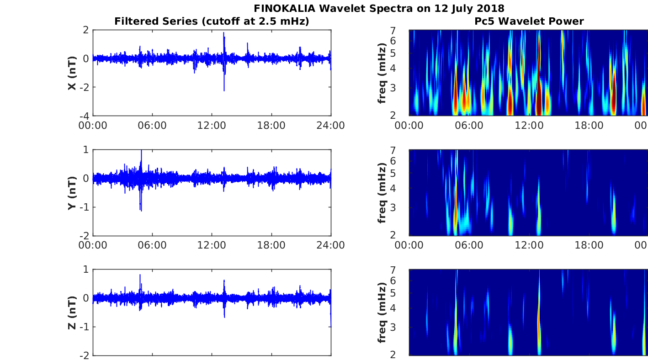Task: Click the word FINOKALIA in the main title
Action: tap(284, 9)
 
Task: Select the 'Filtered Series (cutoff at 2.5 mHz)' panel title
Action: tap(212, 21)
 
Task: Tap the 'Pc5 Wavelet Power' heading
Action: tap(529, 21)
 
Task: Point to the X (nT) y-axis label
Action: tap(72, 73)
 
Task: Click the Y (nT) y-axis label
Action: tap(72, 193)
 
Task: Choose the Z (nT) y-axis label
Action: tap(72, 312)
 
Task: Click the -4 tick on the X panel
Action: tap(85, 116)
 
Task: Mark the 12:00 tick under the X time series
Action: tap(212, 126)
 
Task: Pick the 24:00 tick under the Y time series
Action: tap(331, 245)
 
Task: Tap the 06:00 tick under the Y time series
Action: tap(152, 245)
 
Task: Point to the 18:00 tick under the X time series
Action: tap(271, 126)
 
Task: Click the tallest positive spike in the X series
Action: tap(223, 33)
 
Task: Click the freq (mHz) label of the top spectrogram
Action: tap(382, 73)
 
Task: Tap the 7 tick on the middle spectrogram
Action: tap(393, 150)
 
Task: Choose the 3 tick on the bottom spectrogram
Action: tap(393, 327)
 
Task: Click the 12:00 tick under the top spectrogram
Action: tap(529, 126)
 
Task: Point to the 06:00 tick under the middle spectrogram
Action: tap(469, 245)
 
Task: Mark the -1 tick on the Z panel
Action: tap(85, 327)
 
